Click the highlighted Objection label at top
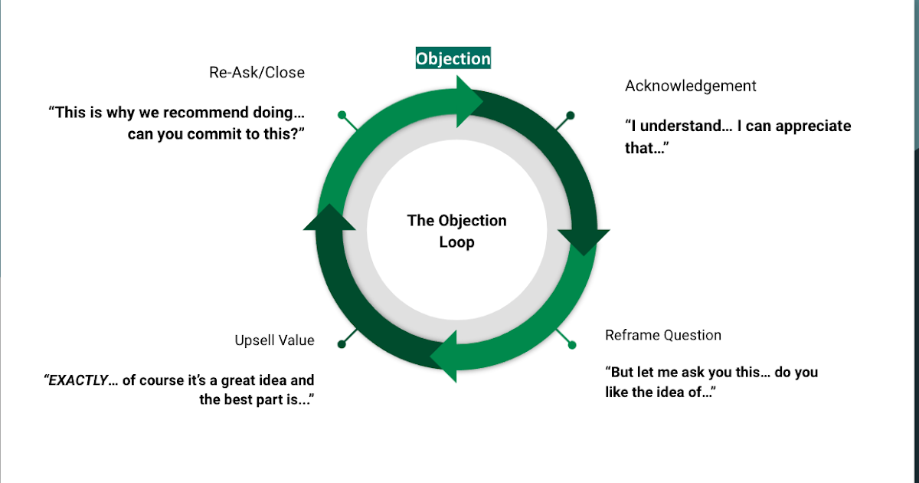coord(453,58)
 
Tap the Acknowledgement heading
coord(690,86)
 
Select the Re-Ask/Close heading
coord(257,73)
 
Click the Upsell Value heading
coord(274,340)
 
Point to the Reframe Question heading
coord(662,335)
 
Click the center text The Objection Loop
coord(456,232)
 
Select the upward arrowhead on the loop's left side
coord(329,217)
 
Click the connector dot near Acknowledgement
coord(570,116)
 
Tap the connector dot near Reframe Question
coord(571,345)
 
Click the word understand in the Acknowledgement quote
coord(681,127)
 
